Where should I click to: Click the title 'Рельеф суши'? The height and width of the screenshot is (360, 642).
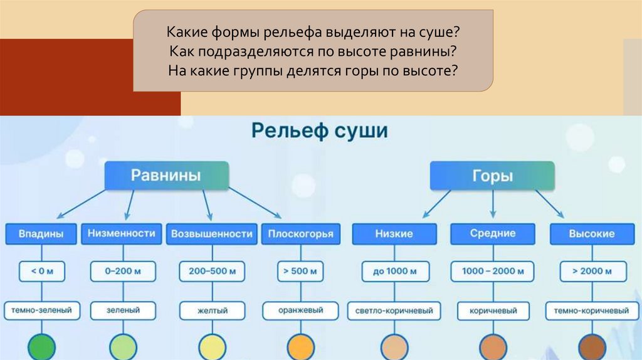tap(319, 132)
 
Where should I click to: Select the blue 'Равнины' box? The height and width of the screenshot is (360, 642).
tap(166, 176)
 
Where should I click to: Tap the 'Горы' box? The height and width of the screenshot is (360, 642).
tap(492, 176)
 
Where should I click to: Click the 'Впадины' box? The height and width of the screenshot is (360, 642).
tap(41, 234)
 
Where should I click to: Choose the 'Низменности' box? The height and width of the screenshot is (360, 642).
tap(121, 234)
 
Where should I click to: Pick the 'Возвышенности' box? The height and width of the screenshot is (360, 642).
tap(211, 234)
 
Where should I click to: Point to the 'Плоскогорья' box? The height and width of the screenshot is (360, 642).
tap(301, 234)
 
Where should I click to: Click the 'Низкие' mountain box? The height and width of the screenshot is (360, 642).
tap(394, 234)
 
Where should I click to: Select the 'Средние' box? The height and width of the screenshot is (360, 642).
tap(493, 234)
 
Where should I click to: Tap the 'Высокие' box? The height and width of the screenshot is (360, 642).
tap(591, 234)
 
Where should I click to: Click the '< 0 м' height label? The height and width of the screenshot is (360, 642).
tap(41, 272)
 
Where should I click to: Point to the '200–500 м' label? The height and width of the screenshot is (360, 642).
tap(212, 272)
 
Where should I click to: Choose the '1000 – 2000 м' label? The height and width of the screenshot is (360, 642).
tap(493, 272)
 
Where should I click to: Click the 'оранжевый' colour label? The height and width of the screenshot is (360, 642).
tap(301, 310)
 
